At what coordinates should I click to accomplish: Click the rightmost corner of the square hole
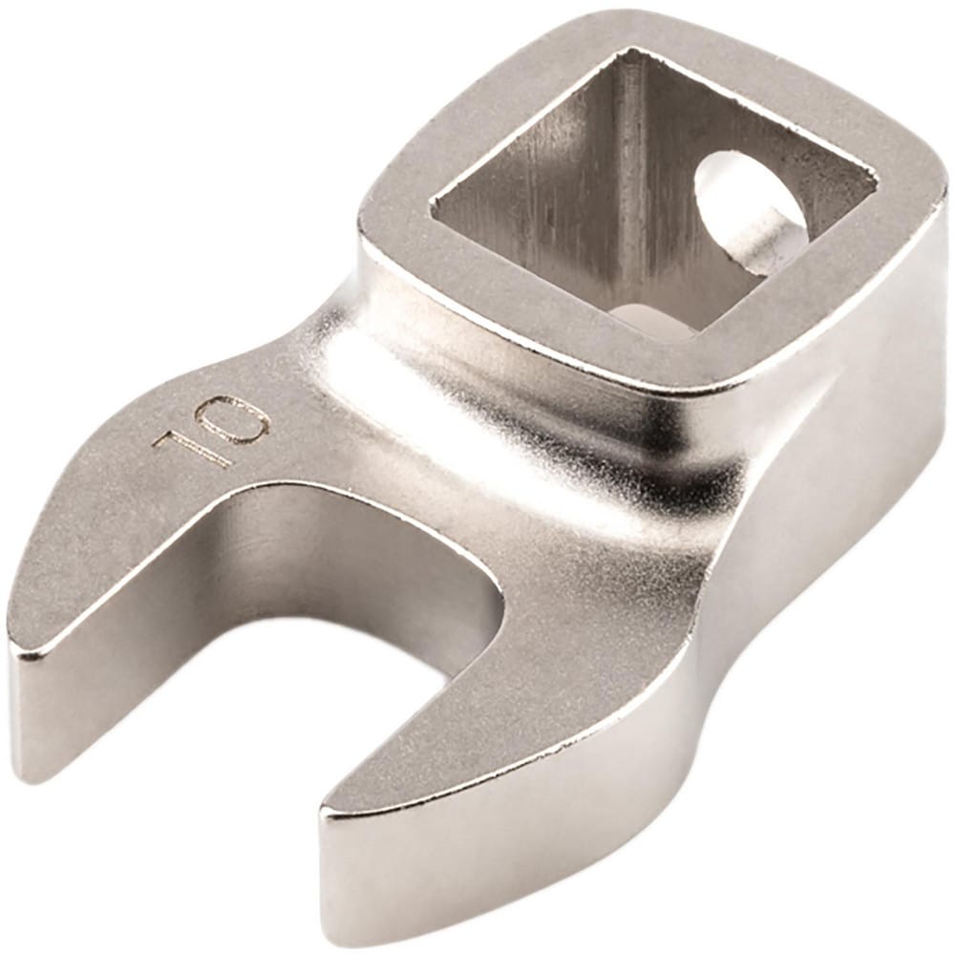pos(874,178)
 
